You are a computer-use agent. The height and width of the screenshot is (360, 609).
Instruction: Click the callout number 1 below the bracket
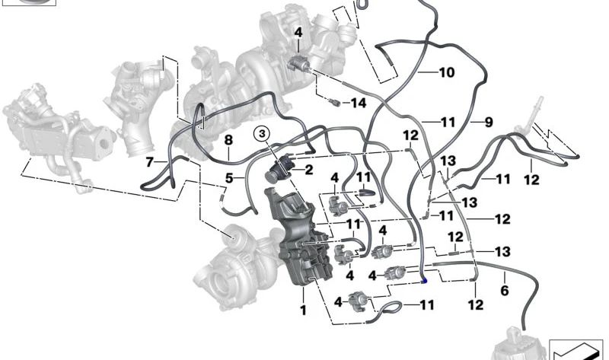[x=302, y=310]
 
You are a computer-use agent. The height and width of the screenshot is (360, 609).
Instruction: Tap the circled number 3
[x=262, y=135]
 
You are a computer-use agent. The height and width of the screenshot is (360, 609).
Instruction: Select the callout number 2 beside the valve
[x=309, y=170]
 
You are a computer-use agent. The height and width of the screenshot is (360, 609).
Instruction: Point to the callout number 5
[x=228, y=178]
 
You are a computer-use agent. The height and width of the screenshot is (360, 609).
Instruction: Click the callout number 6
[x=504, y=289]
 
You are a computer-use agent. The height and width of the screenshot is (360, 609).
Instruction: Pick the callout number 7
[x=150, y=161]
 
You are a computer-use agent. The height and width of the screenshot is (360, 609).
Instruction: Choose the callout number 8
[x=227, y=140]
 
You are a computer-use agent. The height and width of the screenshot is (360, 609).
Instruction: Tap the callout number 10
[x=447, y=73]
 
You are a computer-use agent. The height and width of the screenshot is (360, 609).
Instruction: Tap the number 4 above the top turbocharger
[x=298, y=33]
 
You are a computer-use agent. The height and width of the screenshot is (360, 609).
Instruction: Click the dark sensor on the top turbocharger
[x=299, y=61]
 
